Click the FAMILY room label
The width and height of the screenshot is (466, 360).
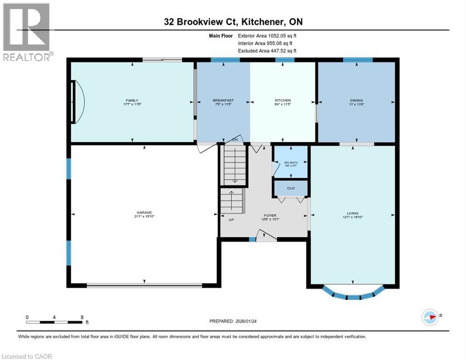(x=132, y=100)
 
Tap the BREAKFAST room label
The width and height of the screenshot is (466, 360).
(x=223, y=100)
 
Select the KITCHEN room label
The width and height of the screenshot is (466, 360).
(x=283, y=100)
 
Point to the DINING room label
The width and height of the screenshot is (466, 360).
(x=356, y=100)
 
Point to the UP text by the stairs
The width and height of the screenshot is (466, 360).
(x=231, y=219)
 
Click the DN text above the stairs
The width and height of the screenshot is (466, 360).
(x=235, y=140)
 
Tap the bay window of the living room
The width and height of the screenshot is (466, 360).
(x=353, y=294)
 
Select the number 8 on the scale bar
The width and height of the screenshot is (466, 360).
(x=82, y=317)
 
